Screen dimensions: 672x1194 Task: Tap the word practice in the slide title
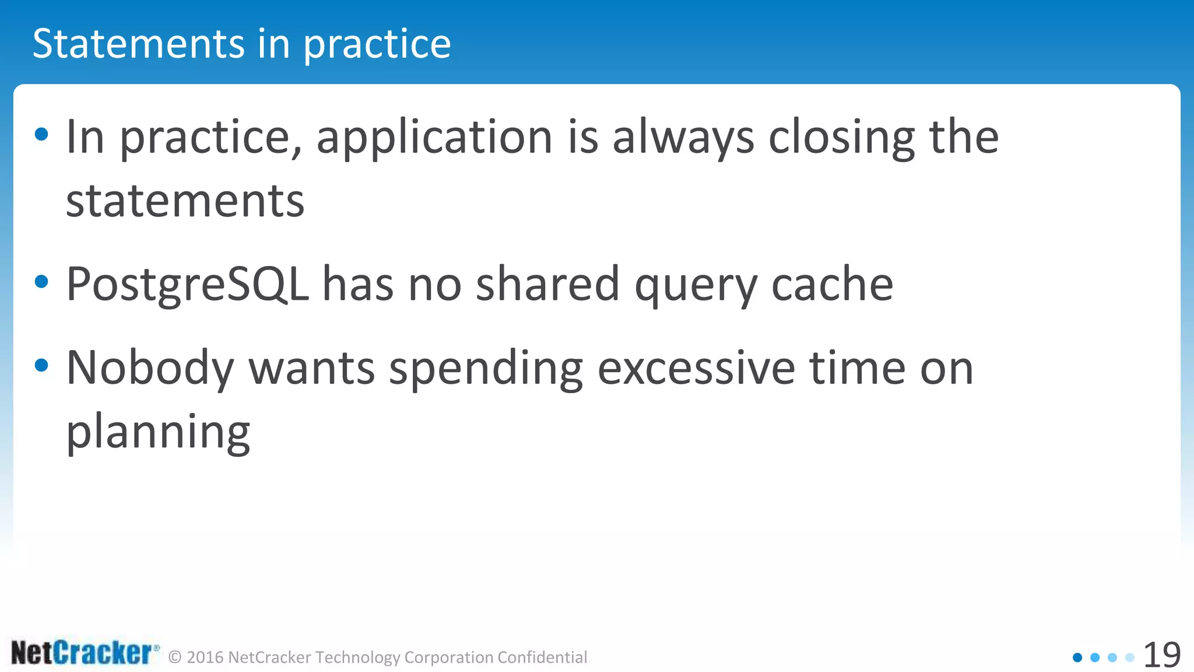377,45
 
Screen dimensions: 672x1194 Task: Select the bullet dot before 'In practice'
41,135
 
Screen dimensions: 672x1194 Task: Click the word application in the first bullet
434,138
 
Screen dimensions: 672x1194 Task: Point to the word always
683,138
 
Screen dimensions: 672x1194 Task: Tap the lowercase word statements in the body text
185,201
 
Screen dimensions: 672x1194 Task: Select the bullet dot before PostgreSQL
41,282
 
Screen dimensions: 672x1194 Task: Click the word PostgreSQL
187,285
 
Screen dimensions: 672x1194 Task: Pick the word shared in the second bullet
547,285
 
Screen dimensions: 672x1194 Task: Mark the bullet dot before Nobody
41,366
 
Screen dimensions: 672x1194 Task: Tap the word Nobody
150,368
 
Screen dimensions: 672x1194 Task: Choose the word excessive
696,368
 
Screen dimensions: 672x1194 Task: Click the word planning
158,433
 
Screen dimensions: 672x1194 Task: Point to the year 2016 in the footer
205,657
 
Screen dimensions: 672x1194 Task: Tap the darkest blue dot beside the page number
1077,657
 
